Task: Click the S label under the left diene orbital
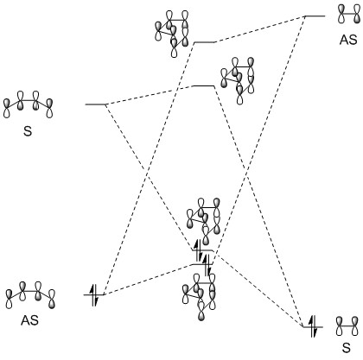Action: tap(28, 131)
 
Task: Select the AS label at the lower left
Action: tap(29, 320)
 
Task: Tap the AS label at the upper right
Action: tap(348, 40)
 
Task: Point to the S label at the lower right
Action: tap(347, 348)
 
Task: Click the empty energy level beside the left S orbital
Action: tap(96, 104)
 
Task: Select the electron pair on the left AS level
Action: tap(94, 295)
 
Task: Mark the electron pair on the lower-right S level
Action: tap(313, 326)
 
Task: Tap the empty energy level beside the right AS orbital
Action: tap(315, 16)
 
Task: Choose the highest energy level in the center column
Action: tap(204, 42)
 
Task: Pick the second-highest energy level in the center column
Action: tap(204, 85)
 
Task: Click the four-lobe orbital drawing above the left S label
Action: tap(29, 104)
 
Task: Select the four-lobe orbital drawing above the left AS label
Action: tap(30, 295)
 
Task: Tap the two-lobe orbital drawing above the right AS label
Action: tap(349, 14)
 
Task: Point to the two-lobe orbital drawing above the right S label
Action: tap(347, 326)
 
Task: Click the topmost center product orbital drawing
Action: tap(172, 34)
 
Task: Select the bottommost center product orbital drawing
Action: tap(199, 297)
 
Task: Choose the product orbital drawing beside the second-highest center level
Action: tap(238, 81)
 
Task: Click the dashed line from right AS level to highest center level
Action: tap(259, 29)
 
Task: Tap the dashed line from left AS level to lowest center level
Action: tap(148, 279)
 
